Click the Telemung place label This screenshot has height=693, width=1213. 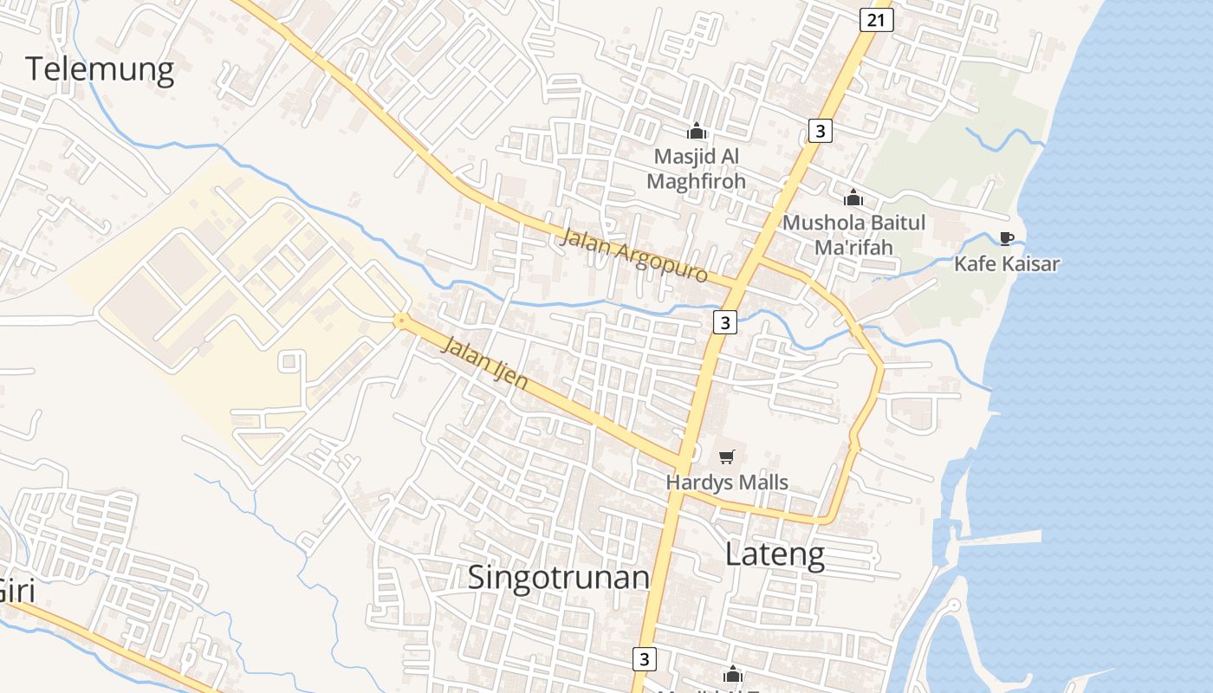(100, 68)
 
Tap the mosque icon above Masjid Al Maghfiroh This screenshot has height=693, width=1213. (696, 132)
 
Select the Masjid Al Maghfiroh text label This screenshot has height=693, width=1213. (696, 169)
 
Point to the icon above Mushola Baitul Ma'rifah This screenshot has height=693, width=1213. (853, 198)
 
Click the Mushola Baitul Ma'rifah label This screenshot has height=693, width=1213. (853, 235)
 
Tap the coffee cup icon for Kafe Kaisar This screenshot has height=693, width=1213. (1006, 238)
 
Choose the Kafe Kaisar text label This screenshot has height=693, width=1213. (1007, 263)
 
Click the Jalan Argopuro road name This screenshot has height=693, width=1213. (634, 255)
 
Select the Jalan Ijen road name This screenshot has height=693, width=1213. (485, 361)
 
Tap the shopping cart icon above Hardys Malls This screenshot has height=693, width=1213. (727, 457)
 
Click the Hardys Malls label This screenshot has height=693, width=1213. (727, 482)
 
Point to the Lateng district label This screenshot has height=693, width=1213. (775, 554)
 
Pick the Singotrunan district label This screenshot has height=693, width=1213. (559, 577)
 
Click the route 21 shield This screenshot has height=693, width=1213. (877, 20)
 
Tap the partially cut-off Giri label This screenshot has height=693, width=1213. (16, 591)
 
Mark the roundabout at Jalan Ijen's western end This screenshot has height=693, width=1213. (400, 321)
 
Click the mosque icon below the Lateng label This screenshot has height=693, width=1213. (733, 674)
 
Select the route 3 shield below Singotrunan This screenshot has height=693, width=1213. (643, 658)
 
